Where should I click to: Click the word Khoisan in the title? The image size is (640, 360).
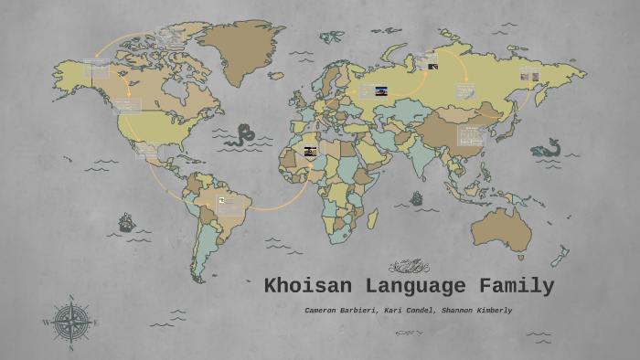304,286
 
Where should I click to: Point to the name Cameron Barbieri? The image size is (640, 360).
338,311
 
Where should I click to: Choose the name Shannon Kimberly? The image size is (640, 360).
476,311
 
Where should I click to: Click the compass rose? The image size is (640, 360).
70,322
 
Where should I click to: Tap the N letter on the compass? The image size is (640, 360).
70,298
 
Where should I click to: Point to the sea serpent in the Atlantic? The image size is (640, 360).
242,136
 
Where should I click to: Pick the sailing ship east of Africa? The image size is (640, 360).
417,198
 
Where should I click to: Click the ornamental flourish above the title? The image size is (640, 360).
409,266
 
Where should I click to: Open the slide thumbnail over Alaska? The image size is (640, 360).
96,69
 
